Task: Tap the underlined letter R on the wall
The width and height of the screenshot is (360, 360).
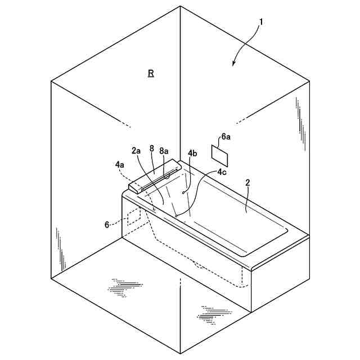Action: pyautogui.click(x=151, y=73)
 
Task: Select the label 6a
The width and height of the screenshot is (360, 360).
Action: pyautogui.click(x=226, y=137)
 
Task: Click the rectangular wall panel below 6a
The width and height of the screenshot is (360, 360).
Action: pyautogui.click(x=220, y=152)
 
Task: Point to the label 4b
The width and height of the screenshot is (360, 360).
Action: pyautogui.click(x=192, y=153)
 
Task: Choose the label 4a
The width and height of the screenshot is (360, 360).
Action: pyautogui.click(x=120, y=164)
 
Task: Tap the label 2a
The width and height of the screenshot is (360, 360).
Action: pyautogui.click(x=137, y=151)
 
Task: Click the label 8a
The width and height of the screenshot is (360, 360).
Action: pyautogui.click(x=164, y=151)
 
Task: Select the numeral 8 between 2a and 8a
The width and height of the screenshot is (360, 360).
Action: pyautogui.click(x=151, y=148)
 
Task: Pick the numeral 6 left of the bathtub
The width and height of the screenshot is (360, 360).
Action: pyautogui.click(x=107, y=224)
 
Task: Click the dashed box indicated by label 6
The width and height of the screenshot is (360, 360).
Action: pyautogui.click(x=133, y=217)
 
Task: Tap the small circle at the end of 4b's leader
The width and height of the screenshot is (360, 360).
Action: pyautogui.click(x=183, y=193)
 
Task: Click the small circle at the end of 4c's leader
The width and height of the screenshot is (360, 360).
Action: pyautogui.click(x=177, y=215)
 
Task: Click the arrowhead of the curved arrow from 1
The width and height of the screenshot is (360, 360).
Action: pyautogui.click(x=233, y=65)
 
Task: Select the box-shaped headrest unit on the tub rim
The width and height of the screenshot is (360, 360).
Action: pyautogui.click(x=152, y=177)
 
